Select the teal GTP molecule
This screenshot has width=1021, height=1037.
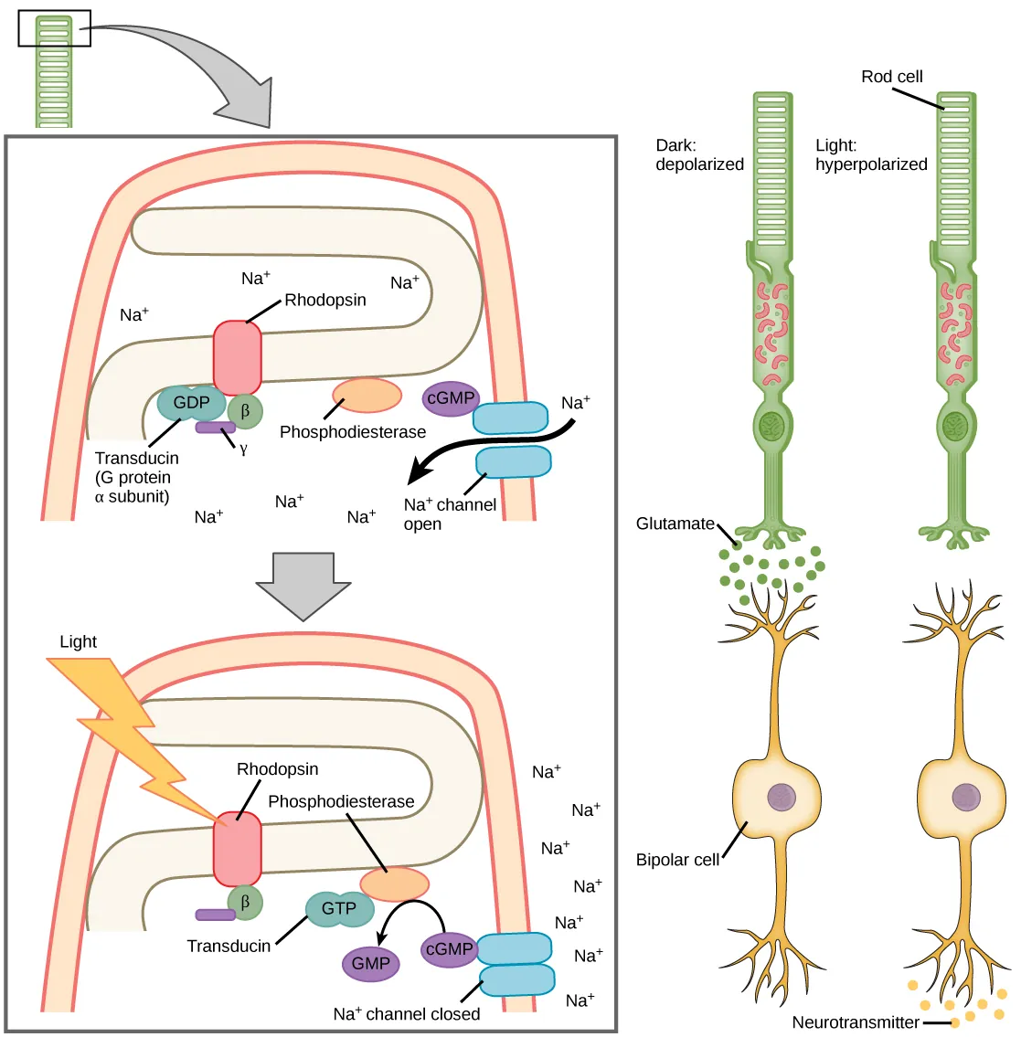339,909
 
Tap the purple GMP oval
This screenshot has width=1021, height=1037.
370,964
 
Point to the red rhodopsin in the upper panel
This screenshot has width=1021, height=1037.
238,357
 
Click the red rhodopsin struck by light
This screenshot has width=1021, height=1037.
238,851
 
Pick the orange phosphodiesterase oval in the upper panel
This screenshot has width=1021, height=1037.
367,396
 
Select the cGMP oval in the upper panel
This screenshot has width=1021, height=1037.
452,398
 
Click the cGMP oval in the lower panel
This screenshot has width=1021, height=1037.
450,950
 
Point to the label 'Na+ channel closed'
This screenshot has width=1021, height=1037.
406,1014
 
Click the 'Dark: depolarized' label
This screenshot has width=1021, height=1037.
699,155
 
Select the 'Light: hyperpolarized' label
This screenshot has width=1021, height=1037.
870,155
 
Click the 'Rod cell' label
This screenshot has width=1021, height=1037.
891,77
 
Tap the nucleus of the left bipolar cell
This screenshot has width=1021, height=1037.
781,797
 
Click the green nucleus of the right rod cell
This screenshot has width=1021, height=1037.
956,426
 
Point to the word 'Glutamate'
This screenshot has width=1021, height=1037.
675,524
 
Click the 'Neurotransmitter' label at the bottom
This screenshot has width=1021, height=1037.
855,1022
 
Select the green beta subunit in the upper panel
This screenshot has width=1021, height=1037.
245,412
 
